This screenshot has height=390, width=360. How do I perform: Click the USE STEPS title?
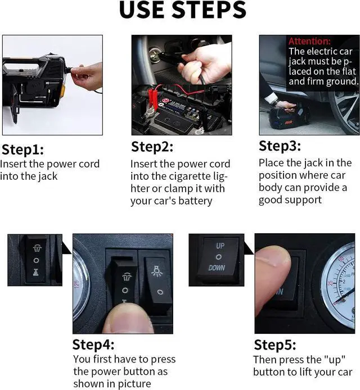(182, 10)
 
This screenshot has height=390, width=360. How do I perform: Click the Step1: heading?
(22, 149)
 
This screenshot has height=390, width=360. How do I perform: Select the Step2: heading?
(152, 147)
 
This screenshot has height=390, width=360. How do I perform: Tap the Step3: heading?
(280, 146)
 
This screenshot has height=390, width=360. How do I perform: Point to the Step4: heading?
(93, 344)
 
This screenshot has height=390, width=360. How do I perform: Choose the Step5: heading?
(275, 345)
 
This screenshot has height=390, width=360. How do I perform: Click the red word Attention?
(309, 41)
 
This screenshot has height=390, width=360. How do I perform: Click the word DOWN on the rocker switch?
(217, 267)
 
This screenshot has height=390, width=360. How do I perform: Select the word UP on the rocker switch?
(220, 246)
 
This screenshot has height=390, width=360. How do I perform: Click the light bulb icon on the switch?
(156, 271)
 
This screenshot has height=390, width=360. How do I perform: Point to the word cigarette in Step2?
(187, 176)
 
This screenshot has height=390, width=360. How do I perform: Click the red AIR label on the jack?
(289, 123)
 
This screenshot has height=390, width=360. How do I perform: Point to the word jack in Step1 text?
(47, 176)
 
